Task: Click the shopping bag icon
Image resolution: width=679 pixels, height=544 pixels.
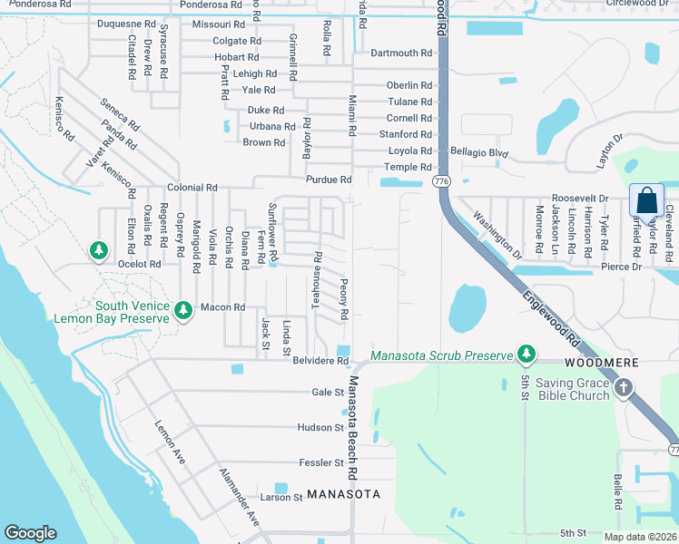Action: click(x=646, y=200)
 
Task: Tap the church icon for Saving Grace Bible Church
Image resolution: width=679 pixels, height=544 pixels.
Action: click(x=623, y=389)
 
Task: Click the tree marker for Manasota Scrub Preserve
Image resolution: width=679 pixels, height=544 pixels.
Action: click(x=525, y=353)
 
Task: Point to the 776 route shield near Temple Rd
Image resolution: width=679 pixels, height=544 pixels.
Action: click(x=442, y=182)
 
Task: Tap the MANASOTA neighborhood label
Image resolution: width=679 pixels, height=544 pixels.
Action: click(x=341, y=494)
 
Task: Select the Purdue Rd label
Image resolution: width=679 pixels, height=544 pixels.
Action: click(x=328, y=180)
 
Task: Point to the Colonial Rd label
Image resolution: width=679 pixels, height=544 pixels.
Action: click(x=192, y=188)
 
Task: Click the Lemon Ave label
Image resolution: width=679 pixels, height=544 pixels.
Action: click(x=170, y=443)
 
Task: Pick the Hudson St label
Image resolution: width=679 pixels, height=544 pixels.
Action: click(x=320, y=427)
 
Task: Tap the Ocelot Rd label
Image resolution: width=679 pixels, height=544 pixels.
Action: click(x=139, y=264)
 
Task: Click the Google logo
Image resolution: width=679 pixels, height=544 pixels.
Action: click(x=30, y=533)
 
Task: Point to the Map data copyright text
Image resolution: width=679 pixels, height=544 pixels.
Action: click(x=640, y=537)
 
